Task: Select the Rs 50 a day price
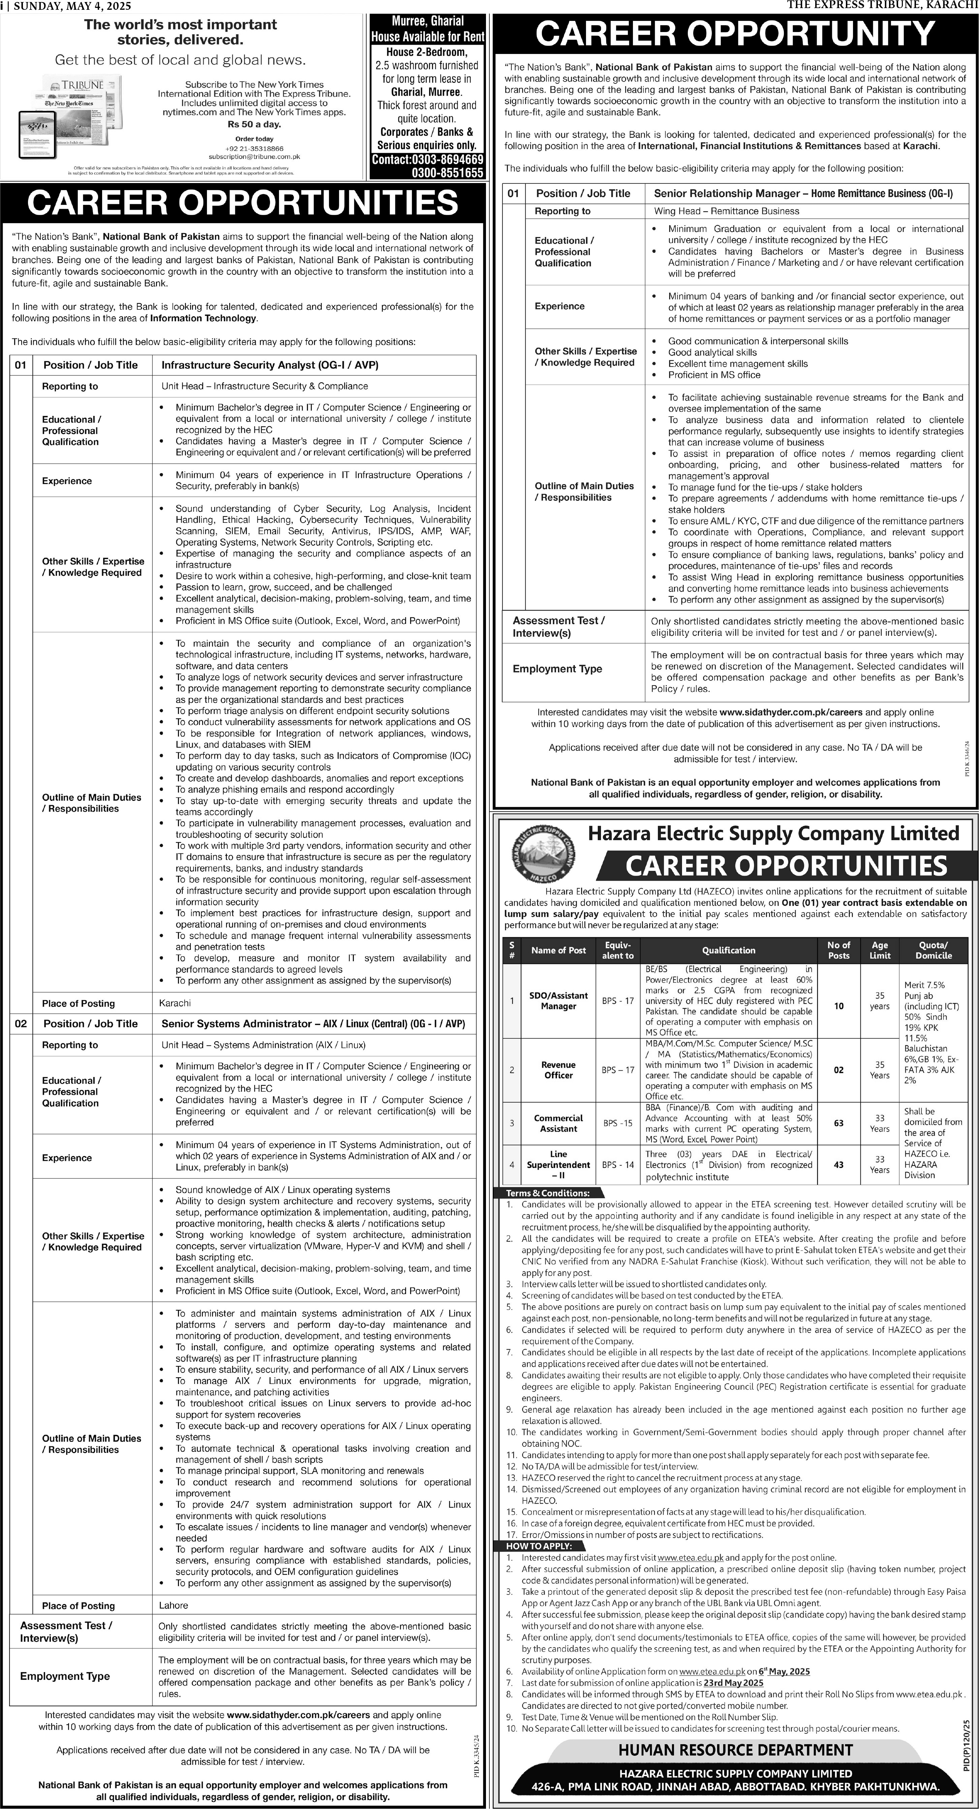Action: tap(253, 124)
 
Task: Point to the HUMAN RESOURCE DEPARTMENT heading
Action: tap(735, 1750)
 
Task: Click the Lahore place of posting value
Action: tap(174, 1605)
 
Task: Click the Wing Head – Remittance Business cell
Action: tap(726, 211)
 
